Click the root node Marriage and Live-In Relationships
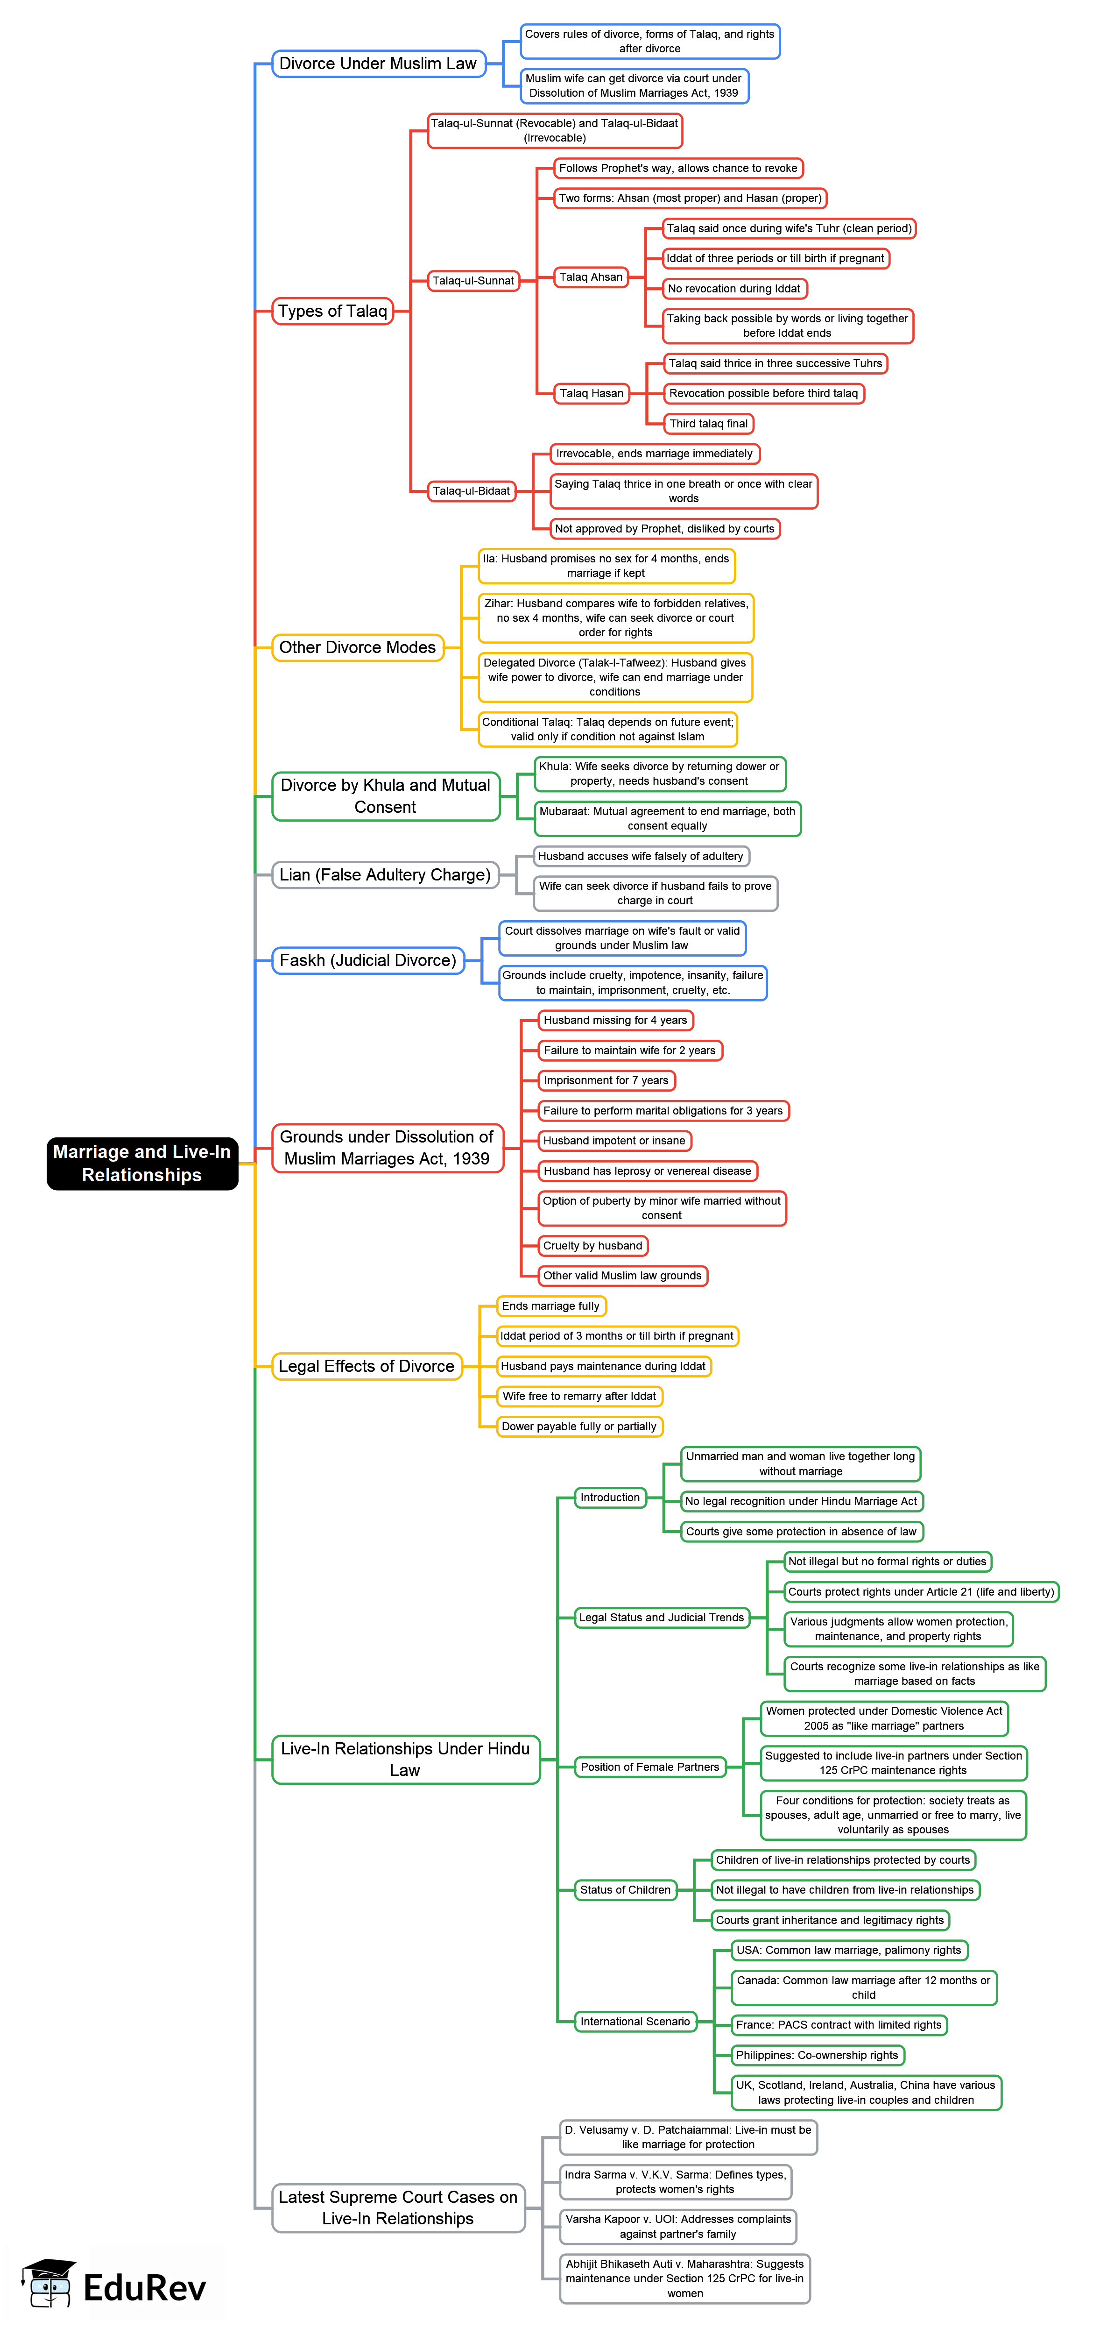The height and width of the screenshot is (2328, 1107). coord(142,1163)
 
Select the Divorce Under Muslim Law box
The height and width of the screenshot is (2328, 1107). coord(378,63)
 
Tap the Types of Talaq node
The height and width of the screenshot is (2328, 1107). coord(332,311)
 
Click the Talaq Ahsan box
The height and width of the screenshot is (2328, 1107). coord(591,277)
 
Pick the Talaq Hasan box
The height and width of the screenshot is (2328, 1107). coord(591,393)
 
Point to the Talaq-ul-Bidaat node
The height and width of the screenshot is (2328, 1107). coord(471,491)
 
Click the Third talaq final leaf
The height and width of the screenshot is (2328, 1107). coord(708,424)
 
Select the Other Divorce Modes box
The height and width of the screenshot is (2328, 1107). coord(357,647)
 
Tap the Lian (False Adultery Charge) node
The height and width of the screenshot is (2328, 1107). coord(385,875)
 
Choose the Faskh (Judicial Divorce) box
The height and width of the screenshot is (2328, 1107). coord(368,960)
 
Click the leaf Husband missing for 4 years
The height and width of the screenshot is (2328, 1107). coord(615,1020)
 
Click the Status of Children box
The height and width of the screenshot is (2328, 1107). coord(625,1890)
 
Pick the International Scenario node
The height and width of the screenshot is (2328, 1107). coord(635,2022)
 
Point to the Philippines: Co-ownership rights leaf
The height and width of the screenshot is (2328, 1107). coord(817,2055)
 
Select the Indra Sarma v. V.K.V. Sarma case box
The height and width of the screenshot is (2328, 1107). coord(675,2182)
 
